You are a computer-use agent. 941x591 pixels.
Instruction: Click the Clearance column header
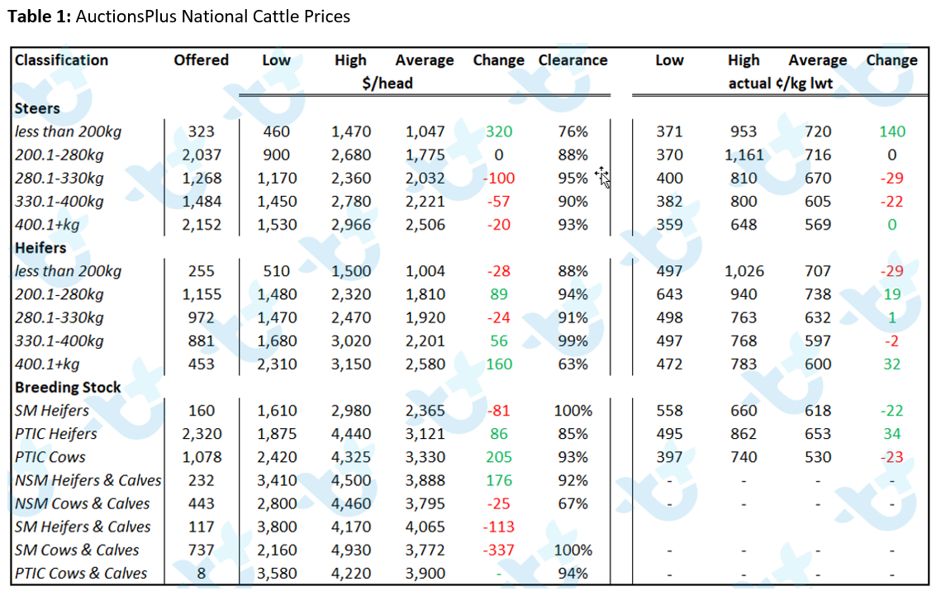573,60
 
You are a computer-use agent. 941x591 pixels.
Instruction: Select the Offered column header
201,60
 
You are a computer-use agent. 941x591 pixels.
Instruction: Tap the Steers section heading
37,108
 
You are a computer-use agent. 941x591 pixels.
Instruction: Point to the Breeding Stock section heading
68,388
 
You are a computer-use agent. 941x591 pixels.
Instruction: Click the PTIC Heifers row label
56,434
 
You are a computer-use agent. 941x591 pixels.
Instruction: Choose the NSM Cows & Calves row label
83,503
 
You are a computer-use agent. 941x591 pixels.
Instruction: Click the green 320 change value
499,131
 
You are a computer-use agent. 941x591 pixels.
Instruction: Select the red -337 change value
499,550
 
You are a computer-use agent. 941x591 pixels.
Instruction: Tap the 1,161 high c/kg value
744,155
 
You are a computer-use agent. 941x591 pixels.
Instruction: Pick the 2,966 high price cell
351,225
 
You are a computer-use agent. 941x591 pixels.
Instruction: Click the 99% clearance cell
573,341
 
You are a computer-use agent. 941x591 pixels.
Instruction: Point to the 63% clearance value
573,364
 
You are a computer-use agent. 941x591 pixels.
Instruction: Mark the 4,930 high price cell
351,550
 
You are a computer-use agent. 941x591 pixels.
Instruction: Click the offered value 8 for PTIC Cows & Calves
201,574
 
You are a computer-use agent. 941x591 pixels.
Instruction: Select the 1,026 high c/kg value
744,271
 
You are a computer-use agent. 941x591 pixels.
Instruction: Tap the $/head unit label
387,83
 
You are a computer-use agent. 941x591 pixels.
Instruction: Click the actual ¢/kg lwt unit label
780,83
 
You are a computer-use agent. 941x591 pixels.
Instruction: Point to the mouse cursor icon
602,177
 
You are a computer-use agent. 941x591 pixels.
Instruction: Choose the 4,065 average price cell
425,527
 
